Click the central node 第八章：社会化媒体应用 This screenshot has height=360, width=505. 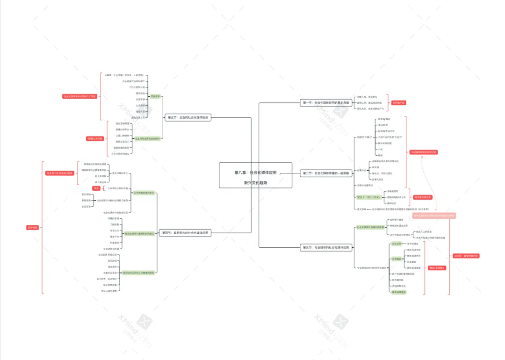(255, 173)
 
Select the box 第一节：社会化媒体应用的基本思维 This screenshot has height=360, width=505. (325, 102)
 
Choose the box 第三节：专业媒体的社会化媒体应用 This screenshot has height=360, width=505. (326, 247)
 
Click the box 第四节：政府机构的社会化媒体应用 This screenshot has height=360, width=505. (186, 232)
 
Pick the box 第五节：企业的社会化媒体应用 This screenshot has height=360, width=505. (188, 118)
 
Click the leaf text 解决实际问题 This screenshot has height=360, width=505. (386, 143)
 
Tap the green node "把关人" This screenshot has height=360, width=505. (368, 198)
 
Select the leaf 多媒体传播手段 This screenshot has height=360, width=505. (368, 185)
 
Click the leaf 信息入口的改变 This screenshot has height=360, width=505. (424, 231)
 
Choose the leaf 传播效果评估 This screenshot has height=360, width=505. (399, 286)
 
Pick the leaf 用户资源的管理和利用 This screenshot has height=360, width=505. (403, 274)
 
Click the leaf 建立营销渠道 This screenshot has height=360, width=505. (123, 123)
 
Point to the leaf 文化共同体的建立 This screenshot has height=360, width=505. (120, 153)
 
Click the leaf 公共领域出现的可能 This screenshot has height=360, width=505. (117, 188)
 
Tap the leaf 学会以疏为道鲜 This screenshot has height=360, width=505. (109, 291)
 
